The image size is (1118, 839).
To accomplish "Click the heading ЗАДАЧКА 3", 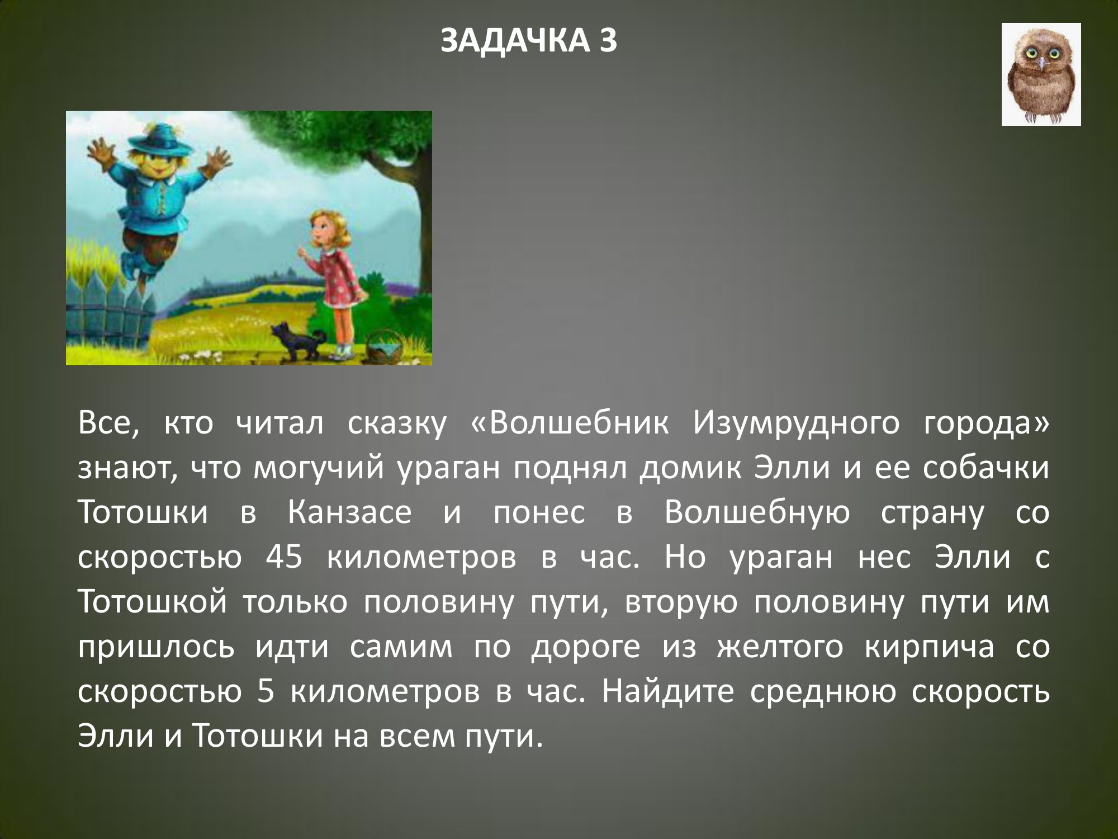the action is point(529,41).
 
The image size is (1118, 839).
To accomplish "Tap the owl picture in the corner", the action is point(1041,74).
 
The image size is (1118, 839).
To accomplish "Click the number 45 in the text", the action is point(285,557).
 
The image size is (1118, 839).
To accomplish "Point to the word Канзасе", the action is point(350,512).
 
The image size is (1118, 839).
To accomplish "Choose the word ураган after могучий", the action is point(448,469).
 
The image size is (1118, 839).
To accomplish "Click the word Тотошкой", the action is point(152,602).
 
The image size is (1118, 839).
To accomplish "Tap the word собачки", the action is point(986,468).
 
